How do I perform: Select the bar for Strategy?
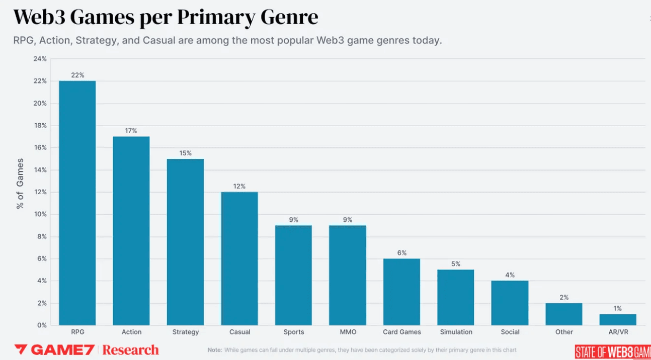[x=185, y=241]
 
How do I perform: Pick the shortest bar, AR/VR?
[x=617, y=319]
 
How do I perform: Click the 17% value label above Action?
[x=131, y=131]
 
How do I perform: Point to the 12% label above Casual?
[x=239, y=186]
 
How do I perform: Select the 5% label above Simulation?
[x=455, y=264]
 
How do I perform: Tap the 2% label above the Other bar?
[x=563, y=297]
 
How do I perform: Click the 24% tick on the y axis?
[x=40, y=59]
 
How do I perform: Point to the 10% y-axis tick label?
[x=40, y=214]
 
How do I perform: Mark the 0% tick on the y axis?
[x=41, y=325]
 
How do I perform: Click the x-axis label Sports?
[x=293, y=332]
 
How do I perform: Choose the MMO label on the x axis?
[x=348, y=332]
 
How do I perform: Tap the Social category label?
[x=510, y=332]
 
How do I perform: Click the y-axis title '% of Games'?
[x=20, y=184]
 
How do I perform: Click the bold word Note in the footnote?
[x=215, y=350]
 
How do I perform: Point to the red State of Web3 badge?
[x=613, y=351]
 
